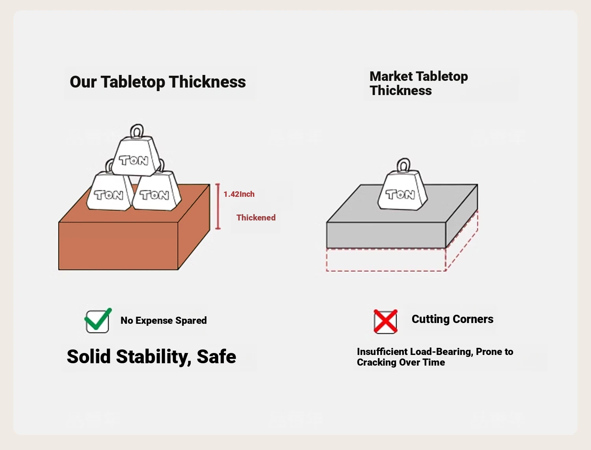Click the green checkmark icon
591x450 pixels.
(97, 321)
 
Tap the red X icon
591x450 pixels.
(385, 321)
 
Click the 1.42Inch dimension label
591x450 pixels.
(239, 194)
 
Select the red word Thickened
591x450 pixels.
(256, 218)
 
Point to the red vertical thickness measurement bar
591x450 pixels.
(217, 206)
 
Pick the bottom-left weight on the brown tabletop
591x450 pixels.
(109, 192)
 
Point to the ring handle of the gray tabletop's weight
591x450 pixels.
(403, 165)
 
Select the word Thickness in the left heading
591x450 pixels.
(207, 82)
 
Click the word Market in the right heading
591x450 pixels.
(391, 76)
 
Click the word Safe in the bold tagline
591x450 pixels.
(216, 357)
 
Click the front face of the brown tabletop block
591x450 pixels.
(118, 246)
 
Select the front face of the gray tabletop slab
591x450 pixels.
(386, 235)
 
